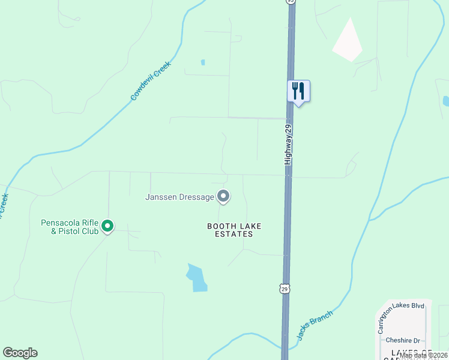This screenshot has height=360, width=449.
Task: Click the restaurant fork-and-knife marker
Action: pyautogui.click(x=298, y=92)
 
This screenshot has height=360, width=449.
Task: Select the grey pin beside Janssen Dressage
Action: pyautogui.click(x=223, y=196)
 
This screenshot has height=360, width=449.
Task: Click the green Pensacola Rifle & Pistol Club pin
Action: pyautogui.click(x=107, y=226)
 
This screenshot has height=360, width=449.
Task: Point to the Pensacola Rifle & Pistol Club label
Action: pyautogui.click(x=70, y=226)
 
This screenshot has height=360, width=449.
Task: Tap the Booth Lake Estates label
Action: pyautogui.click(x=235, y=230)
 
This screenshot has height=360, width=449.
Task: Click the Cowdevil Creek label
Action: pyautogui.click(x=151, y=80)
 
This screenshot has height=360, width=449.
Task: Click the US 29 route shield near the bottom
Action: pyautogui.click(x=285, y=289)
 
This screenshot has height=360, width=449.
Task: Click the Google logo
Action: pyautogui.click(x=20, y=353)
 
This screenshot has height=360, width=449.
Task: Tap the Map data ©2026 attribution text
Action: pyautogui.click(x=423, y=355)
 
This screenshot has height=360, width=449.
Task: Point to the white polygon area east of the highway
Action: pyautogui.click(x=348, y=41)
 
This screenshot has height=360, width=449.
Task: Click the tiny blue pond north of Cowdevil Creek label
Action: pyautogui.click(x=203, y=62)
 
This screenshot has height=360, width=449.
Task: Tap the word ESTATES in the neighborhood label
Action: pyautogui.click(x=234, y=234)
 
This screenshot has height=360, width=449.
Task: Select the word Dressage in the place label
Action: pyautogui.click(x=196, y=197)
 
